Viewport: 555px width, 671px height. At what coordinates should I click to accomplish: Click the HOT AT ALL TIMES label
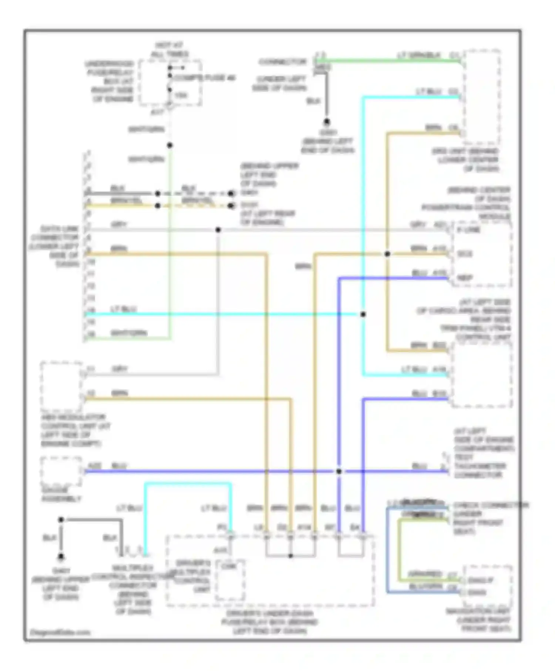click(169, 50)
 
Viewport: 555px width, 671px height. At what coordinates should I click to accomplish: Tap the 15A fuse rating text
click(181, 95)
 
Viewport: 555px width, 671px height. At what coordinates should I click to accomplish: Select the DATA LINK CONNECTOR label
click(55, 246)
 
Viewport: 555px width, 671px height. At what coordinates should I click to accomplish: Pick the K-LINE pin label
click(468, 230)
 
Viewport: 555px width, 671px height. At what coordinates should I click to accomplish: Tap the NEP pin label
click(465, 277)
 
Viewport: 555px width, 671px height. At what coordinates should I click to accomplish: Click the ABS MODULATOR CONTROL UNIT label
click(74, 430)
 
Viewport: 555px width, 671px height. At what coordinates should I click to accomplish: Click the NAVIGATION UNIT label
click(478, 620)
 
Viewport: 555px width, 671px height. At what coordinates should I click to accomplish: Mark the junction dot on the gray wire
click(218, 230)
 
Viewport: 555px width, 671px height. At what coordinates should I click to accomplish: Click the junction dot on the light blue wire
click(363, 314)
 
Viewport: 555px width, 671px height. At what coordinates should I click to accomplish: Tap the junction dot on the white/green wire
click(169, 145)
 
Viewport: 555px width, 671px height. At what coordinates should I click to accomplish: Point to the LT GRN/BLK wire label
click(419, 55)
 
